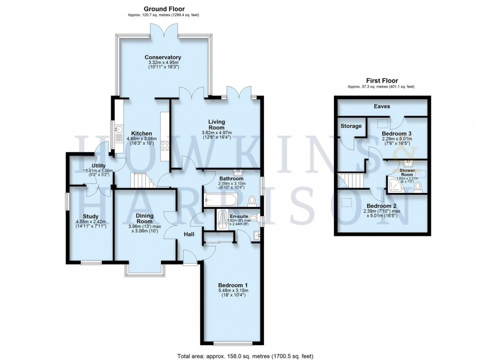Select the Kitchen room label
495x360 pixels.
(x=142, y=134)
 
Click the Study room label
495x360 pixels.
(x=90, y=216)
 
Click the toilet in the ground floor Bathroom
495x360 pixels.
(x=251, y=200)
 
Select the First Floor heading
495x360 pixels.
(x=381, y=81)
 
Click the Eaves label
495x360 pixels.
(x=381, y=105)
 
